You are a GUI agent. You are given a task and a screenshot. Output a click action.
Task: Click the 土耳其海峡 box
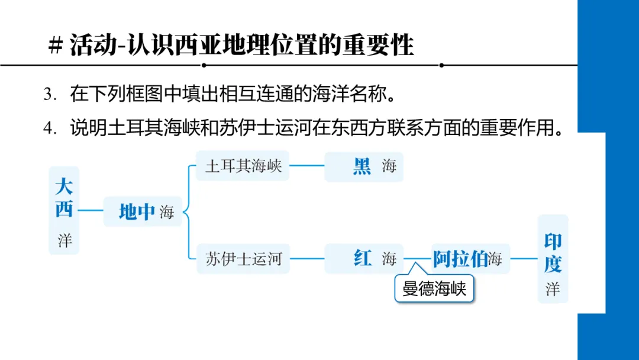click(243, 166)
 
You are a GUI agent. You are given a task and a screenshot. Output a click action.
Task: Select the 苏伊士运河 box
click(243, 259)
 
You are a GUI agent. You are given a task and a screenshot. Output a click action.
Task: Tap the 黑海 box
click(363, 166)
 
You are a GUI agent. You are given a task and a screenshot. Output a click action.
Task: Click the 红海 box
click(363, 259)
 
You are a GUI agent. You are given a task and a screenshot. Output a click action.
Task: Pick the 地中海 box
click(143, 211)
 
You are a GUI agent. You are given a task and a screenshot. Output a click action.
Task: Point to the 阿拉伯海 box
click(467, 259)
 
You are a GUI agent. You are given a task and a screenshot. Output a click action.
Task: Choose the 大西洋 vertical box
click(64, 210)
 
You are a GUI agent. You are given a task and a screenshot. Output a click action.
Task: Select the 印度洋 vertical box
click(553, 259)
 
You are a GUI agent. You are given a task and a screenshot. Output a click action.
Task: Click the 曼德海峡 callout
click(434, 289)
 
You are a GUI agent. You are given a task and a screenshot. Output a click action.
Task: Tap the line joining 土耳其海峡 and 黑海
click(306, 166)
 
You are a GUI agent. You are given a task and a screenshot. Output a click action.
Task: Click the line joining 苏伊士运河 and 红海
click(306, 259)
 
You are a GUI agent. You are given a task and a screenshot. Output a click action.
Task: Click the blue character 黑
click(362, 166)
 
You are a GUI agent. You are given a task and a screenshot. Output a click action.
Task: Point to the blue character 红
click(362, 259)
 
